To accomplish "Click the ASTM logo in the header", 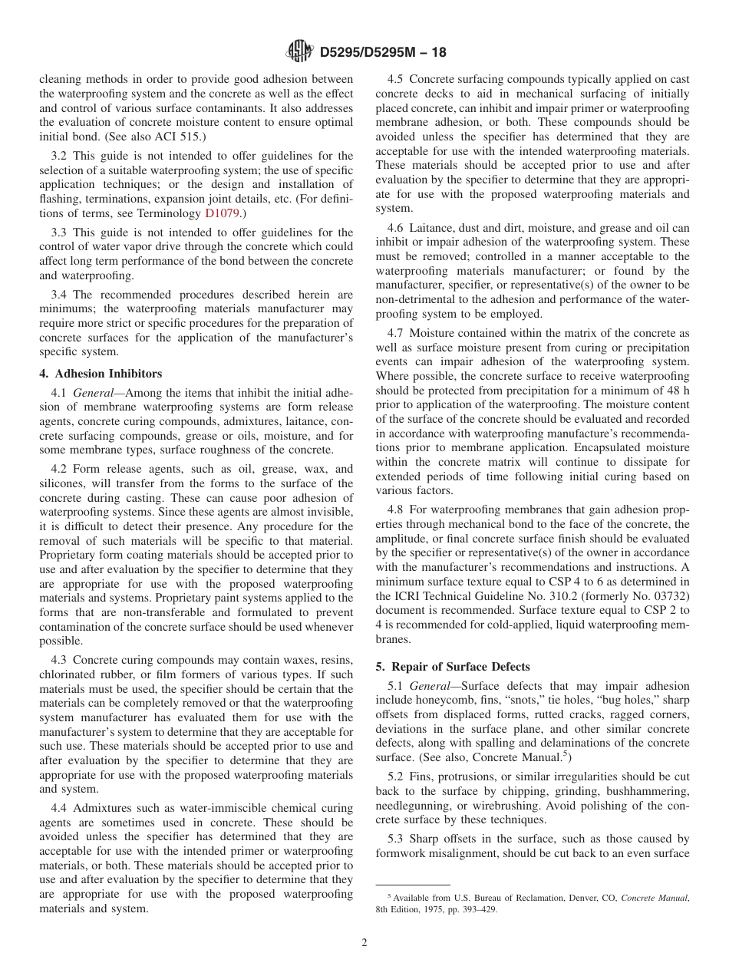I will pyautogui.click(x=299, y=52).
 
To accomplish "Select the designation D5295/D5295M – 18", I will pyautogui.click(x=381, y=53).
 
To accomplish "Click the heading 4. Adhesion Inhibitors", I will pyautogui.click(x=101, y=374).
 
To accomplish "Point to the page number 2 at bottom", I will pyautogui.click(x=364, y=943).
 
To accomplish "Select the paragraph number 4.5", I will pyautogui.click(x=397, y=79).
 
